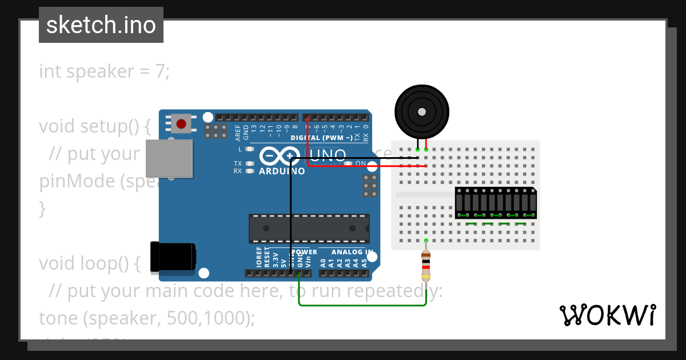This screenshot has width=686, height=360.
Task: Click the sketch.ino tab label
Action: (101, 25)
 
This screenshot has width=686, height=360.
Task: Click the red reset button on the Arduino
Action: (181, 123)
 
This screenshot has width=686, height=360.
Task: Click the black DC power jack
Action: (171, 257)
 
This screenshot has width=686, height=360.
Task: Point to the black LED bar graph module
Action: (496, 203)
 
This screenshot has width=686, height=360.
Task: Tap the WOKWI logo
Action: (607, 315)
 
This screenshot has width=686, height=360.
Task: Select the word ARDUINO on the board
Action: (282, 171)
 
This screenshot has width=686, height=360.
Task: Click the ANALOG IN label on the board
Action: (353, 252)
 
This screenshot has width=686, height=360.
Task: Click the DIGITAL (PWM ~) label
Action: (321, 138)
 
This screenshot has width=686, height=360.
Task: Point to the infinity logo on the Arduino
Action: (280, 156)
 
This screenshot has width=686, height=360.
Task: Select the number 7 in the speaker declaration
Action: (160, 72)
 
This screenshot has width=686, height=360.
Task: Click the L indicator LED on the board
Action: (249, 149)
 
